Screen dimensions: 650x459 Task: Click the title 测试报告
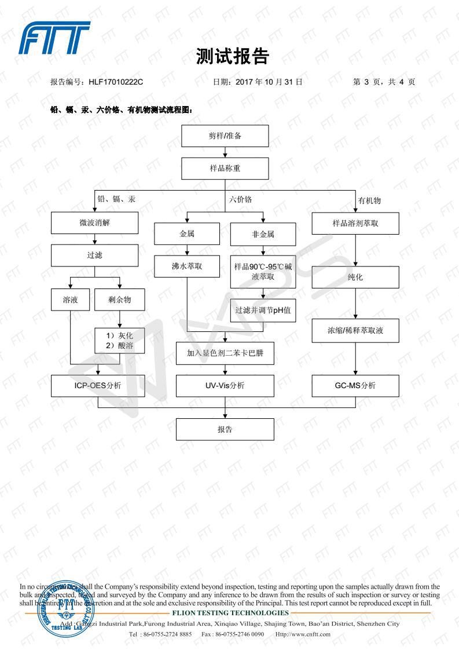coord(232,56)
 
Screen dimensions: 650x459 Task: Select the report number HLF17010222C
coord(116,82)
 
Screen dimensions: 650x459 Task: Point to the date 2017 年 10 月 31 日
coord(269,82)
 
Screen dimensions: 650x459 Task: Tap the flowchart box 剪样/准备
coord(225,136)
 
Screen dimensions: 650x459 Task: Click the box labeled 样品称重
coord(225,169)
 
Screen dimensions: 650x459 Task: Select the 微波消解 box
coord(95,222)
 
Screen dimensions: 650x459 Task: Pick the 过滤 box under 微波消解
coord(95,255)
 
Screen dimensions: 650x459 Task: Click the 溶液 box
coord(70,300)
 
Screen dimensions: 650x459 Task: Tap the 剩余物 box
coord(119,300)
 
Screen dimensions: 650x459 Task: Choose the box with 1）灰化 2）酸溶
coord(119,341)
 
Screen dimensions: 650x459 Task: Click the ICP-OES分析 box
coord(95,386)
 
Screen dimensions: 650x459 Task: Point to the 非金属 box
coord(263,234)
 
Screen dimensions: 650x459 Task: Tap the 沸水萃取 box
coord(187,266)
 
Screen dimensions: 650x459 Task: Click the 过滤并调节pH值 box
coord(263,310)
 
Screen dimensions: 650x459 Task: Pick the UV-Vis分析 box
coord(225,386)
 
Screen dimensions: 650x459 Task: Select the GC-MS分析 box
coord(355,386)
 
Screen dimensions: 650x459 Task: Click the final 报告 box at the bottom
coord(225,429)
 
